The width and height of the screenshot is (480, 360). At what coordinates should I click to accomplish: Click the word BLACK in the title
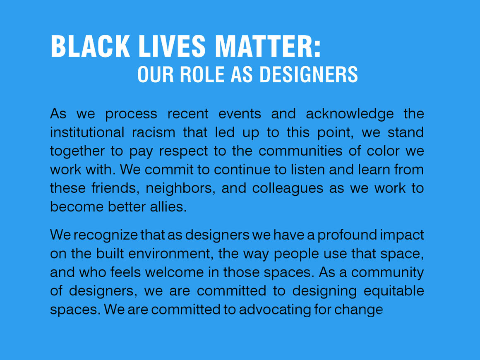click(x=90, y=46)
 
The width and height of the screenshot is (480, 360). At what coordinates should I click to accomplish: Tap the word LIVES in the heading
click(x=172, y=46)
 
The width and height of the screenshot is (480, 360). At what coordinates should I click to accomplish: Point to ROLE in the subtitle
click(x=202, y=74)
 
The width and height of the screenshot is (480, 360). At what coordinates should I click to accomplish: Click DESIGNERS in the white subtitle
click(x=309, y=74)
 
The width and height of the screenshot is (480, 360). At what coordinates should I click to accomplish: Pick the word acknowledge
click(x=350, y=114)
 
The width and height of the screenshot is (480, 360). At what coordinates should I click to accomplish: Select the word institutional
click(x=87, y=132)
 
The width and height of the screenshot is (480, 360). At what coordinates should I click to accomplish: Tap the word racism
click(x=154, y=132)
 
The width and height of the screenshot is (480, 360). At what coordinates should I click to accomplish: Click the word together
click(x=77, y=151)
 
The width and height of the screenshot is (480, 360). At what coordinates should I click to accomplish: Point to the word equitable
click(x=394, y=291)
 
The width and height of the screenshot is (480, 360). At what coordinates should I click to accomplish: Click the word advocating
click(x=275, y=310)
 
